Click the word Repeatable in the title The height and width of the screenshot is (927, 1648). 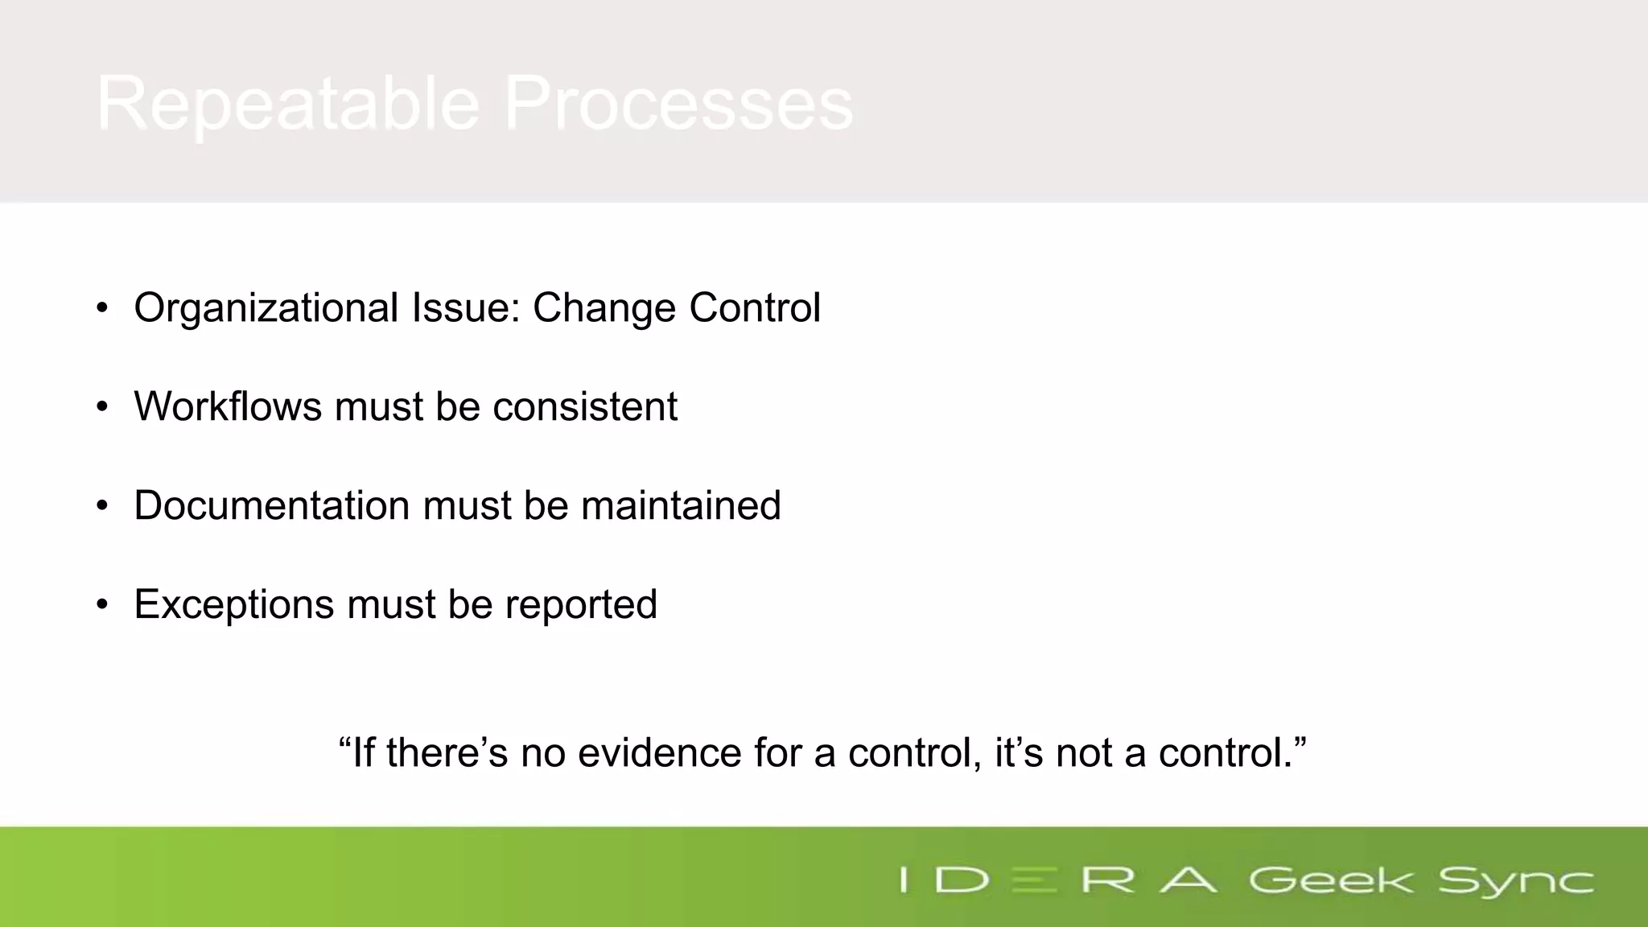(x=288, y=103)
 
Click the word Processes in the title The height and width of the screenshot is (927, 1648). (x=678, y=103)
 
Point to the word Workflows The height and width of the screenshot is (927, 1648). (x=228, y=406)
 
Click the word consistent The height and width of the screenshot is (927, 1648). (x=585, y=406)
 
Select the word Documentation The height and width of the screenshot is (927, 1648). (x=271, y=505)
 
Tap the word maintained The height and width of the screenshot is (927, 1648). (x=681, y=505)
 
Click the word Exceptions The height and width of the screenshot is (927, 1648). (x=233, y=604)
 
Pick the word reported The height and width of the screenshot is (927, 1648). (x=581, y=604)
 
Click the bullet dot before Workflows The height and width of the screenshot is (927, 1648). (x=101, y=407)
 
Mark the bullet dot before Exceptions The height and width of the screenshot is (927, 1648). (x=101, y=605)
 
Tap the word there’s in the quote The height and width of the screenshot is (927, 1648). (x=447, y=753)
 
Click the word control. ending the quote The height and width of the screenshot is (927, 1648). (x=1231, y=753)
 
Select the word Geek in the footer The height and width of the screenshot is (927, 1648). (x=1330, y=880)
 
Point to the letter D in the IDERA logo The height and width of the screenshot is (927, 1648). (x=962, y=880)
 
